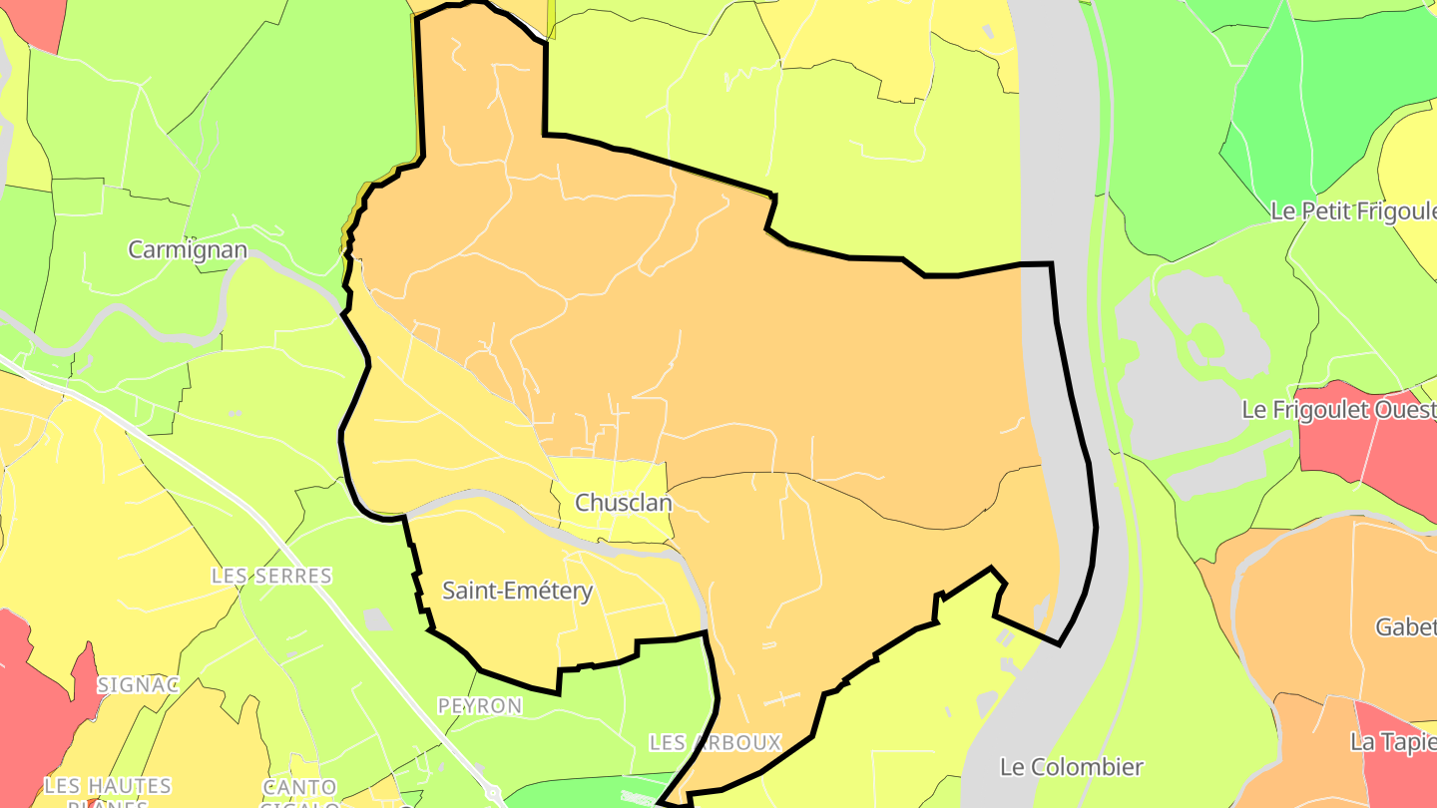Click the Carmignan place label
point(188,249)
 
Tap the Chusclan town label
point(625,503)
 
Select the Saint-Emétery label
point(517,591)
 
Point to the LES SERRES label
point(271,577)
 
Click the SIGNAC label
point(138,684)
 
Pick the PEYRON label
point(480,706)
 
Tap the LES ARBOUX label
point(715,743)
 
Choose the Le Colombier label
point(1071,767)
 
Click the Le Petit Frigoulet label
point(1353,211)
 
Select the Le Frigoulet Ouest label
point(1338,410)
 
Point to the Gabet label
point(1405,627)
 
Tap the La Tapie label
point(1392,742)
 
